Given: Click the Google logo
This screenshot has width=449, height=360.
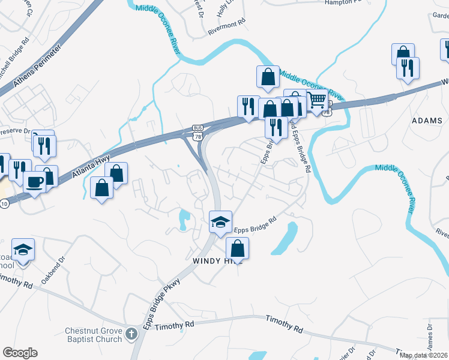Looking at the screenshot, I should [20, 353].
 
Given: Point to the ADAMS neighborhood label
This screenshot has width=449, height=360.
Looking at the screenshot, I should [427, 121].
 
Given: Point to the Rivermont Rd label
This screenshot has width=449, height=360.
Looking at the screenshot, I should [227, 22].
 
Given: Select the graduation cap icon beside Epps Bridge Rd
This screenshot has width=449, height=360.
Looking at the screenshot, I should [221, 221].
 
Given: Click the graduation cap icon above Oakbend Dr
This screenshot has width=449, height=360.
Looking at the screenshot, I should [23, 249].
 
